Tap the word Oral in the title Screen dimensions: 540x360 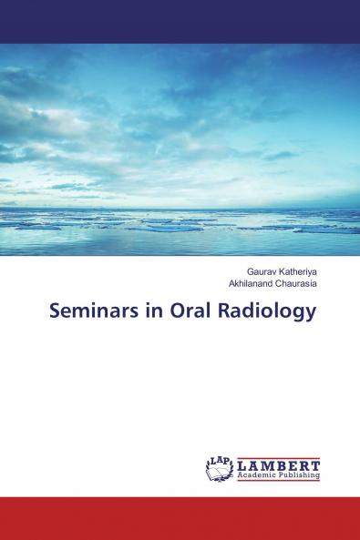tap(186, 311)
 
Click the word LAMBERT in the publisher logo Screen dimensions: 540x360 tap(278, 464)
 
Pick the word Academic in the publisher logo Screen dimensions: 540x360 tap(255, 474)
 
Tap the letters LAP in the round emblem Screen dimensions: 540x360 tap(219, 461)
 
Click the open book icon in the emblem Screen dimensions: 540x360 tap(219, 471)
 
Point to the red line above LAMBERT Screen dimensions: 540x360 tap(278, 455)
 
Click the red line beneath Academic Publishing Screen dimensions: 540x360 tap(278, 480)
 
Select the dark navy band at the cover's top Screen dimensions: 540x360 tap(180, 21)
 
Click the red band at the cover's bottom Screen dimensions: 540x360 tap(180, 518)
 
